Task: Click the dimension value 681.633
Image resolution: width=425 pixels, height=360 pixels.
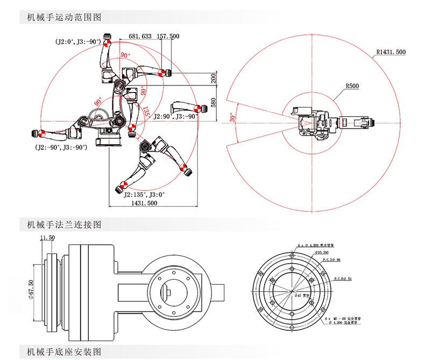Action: click(139, 36)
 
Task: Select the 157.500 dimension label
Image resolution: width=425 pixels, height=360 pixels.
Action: click(168, 36)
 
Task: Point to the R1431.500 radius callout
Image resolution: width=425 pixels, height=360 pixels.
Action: click(391, 52)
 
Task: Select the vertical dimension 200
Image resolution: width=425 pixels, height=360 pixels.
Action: click(213, 79)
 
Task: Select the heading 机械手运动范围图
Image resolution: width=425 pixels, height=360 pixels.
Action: click(60, 17)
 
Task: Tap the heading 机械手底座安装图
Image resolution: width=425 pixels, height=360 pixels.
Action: click(60, 352)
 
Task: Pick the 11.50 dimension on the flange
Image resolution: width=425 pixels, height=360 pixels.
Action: click(47, 237)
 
